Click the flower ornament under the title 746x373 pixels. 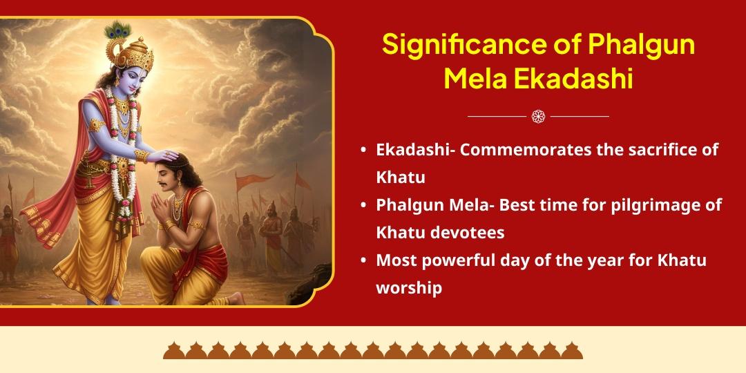(x=538, y=116)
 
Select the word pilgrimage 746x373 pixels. (x=631, y=205)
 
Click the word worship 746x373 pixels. (x=408, y=287)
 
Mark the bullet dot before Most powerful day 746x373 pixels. (x=363, y=261)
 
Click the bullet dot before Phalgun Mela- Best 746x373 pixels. (x=363, y=206)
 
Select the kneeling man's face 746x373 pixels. (x=165, y=182)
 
